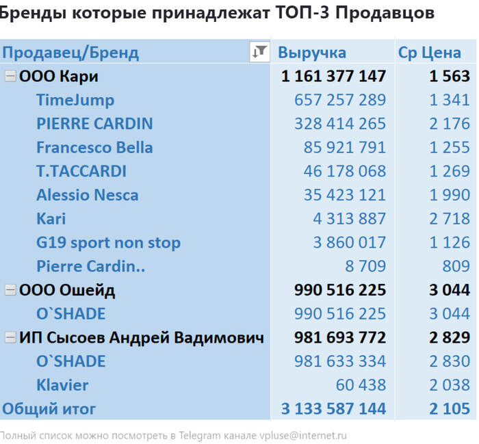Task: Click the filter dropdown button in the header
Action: [259, 52]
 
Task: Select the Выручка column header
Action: [312, 53]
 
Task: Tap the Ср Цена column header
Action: [430, 53]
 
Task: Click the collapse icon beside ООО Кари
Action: [10, 76]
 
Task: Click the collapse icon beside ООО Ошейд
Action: [10, 290]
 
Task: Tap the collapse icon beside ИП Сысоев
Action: [10, 337]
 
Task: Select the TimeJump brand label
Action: [75, 100]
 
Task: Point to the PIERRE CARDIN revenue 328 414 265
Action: [340, 124]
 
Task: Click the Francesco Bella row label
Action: [94, 148]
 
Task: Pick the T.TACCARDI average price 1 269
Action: [450, 171]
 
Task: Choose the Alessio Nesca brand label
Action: [88, 195]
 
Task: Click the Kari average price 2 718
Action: [450, 219]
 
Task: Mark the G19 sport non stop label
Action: [108, 243]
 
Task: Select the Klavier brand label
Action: [62, 385]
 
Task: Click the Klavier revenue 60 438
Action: [361, 385]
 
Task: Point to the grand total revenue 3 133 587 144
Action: [333, 409]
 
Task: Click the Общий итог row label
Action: [49, 409]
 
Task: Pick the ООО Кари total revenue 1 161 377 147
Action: [333, 76]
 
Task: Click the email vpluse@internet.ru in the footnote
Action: [303, 435]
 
